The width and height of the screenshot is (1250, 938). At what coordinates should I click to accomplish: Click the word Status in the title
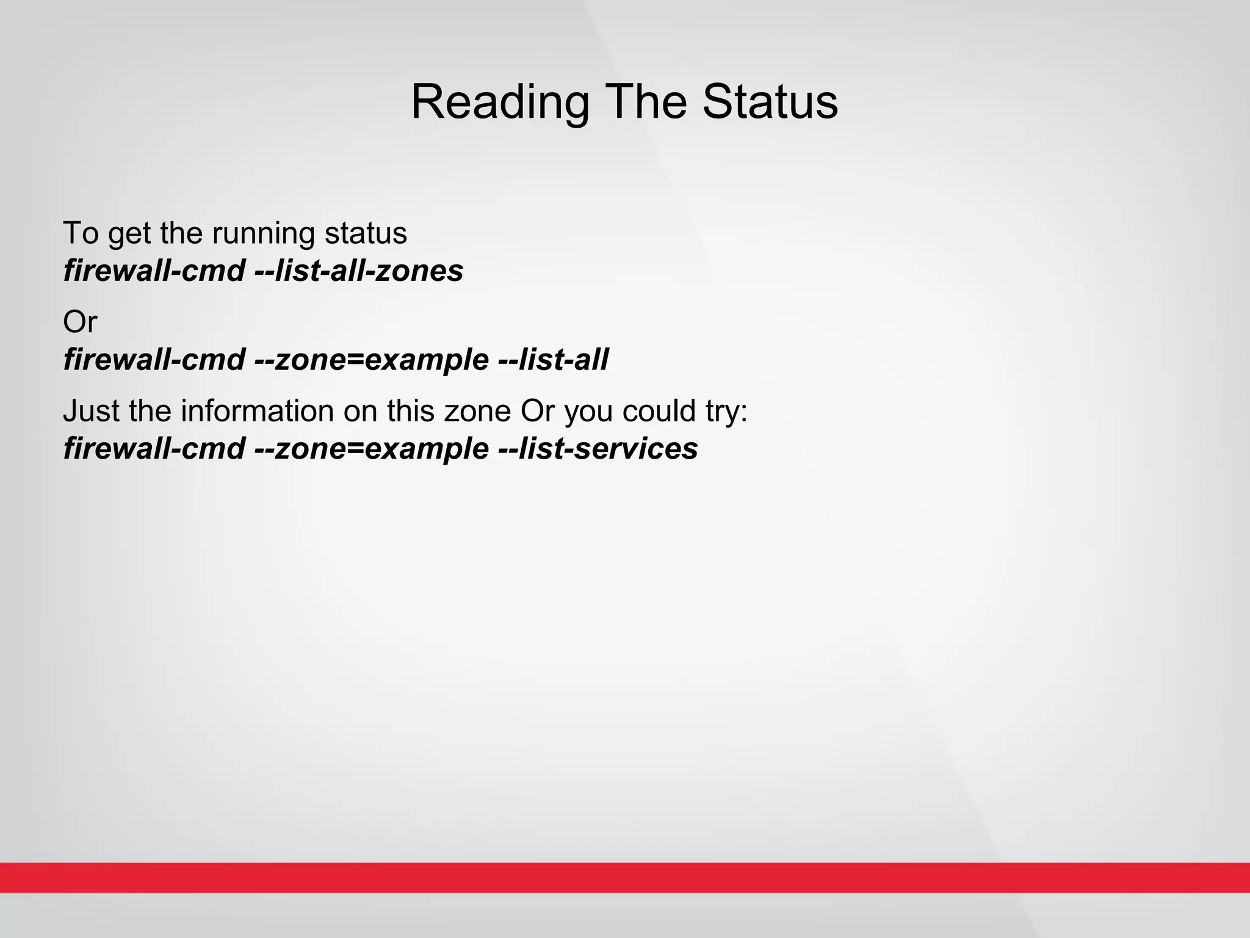click(770, 101)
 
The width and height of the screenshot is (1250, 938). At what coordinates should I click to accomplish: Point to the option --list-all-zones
click(358, 271)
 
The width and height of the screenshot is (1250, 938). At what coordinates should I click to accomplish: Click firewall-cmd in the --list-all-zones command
click(154, 271)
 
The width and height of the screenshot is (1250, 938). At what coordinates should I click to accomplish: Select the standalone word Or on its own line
click(79, 322)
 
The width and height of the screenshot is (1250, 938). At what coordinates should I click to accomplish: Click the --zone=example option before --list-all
click(371, 360)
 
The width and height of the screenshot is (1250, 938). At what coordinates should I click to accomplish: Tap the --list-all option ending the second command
click(553, 360)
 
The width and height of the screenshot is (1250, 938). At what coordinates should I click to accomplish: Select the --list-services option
click(598, 449)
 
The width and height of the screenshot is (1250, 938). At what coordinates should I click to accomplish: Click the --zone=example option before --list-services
click(371, 449)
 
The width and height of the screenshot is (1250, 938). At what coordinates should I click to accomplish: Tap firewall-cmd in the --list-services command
click(154, 449)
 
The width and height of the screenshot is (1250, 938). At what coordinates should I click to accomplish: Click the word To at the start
click(81, 233)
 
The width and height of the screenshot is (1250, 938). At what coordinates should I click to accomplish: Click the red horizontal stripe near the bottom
click(625, 878)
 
